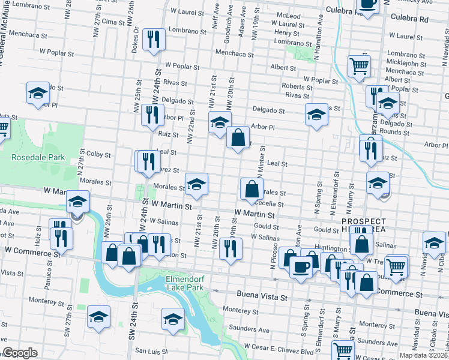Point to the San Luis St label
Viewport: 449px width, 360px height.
(x=148, y=351)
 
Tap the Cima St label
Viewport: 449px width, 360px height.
(x=113, y=22)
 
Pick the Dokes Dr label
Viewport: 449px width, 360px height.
(x=137, y=37)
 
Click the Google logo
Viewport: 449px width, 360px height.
(x=20, y=353)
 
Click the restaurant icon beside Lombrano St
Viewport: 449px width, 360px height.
(x=155, y=40)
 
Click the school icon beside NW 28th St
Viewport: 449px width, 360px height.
(x=38, y=93)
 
